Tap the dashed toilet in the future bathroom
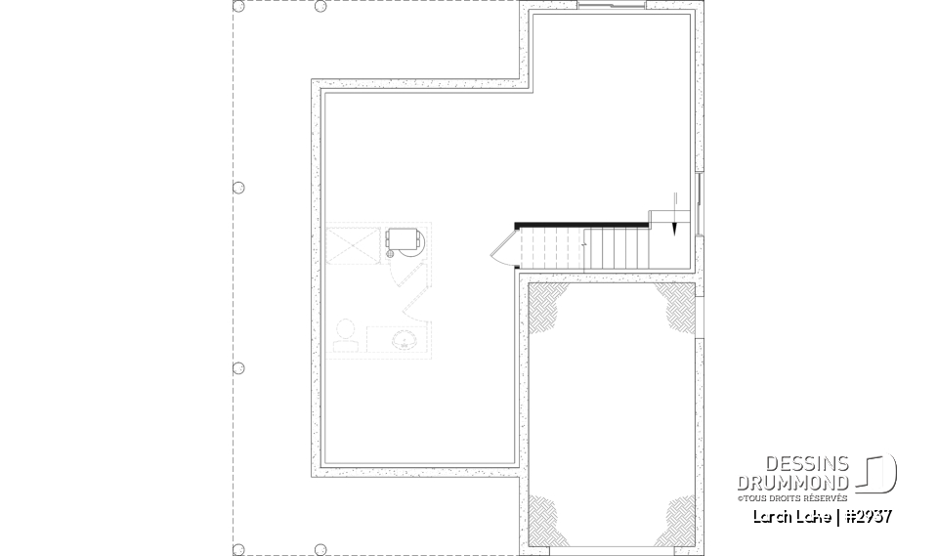tap(344, 334)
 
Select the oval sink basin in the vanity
tap(402, 340)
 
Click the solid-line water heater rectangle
tap(403, 238)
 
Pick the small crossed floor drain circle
tap(388, 253)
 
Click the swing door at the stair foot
tap(502, 249)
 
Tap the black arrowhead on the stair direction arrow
tap(674, 228)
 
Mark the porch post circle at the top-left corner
tap(238, 6)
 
